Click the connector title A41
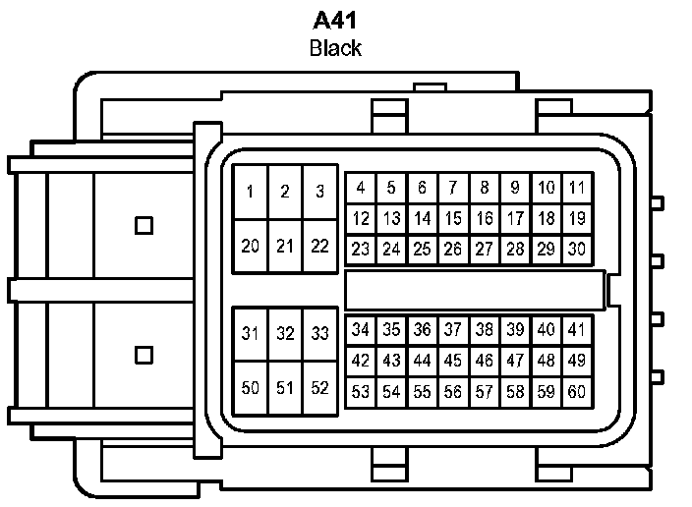click(335, 21)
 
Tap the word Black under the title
click(335, 47)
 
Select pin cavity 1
click(252, 192)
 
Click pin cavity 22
click(319, 247)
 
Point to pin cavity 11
click(577, 188)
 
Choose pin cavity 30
click(577, 250)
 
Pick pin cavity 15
click(453, 218)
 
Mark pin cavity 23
click(361, 250)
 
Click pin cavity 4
click(361, 188)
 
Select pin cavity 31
click(252, 333)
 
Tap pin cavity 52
click(319, 388)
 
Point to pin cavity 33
click(319, 333)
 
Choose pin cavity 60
click(577, 392)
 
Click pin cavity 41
click(577, 329)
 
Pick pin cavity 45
click(453, 361)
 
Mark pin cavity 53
click(361, 392)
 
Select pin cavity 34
click(361, 329)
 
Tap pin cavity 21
click(285, 247)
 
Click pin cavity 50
click(252, 388)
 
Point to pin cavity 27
click(485, 250)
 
